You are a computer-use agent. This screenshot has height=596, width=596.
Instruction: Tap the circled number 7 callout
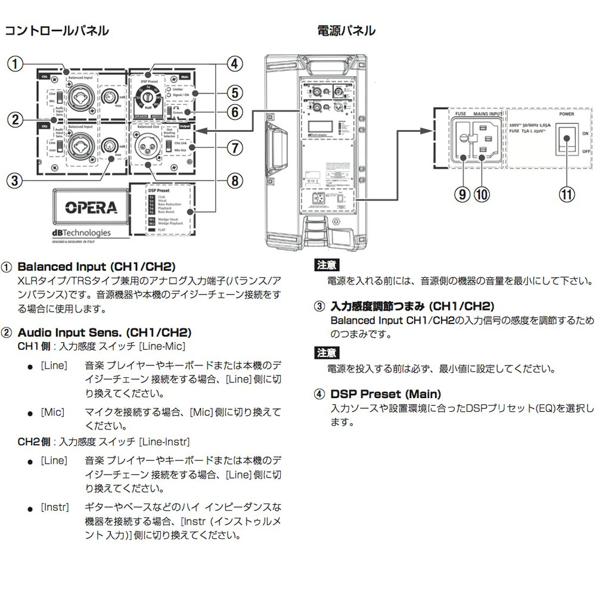point(235,146)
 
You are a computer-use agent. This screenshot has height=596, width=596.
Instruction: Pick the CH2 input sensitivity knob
point(109,145)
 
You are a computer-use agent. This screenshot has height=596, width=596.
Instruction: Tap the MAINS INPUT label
point(487,112)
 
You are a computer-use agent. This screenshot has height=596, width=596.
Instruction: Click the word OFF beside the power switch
point(585,152)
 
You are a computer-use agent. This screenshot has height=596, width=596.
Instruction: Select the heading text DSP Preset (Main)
point(386,394)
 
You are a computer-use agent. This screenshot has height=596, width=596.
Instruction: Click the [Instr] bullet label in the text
point(55,507)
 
